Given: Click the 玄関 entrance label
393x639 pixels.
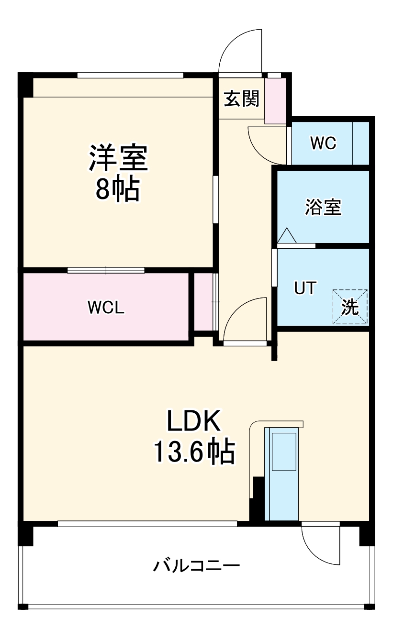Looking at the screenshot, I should (242, 99).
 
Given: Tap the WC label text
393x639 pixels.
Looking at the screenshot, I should (323, 143).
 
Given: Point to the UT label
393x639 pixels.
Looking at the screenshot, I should (305, 288).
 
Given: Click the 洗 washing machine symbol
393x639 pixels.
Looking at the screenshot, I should (350, 307).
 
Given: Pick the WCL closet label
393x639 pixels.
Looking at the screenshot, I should (106, 308).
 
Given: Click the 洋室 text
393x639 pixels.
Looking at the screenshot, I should (117, 158).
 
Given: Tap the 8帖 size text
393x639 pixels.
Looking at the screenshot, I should (117, 190).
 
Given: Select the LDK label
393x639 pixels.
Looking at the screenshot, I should (193, 421).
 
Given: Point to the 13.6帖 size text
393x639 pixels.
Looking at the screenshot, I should (193, 452).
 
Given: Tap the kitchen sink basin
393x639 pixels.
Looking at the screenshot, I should (284, 452).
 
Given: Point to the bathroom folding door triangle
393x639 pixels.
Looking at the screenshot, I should (286, 236).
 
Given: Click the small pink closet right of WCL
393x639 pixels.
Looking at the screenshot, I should (203, 301).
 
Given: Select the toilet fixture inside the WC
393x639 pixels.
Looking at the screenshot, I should (360, 143).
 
